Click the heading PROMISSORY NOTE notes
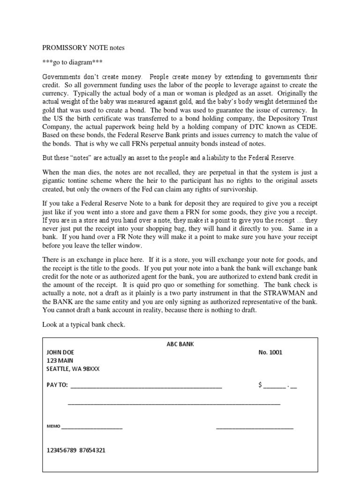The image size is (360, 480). click(83, 48)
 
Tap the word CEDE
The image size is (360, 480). click(307, 127)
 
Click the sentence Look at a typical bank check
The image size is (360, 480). click(84, 325)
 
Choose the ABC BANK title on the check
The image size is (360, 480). click(180, 344)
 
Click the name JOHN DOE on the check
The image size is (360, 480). click(60, 352)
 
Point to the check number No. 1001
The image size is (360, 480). click(270, 352)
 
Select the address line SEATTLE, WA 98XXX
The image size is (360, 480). click(73, 369)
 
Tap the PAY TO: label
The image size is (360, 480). click(57, 385)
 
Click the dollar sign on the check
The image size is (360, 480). click(260, 385)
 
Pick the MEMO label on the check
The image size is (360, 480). click(53, 427)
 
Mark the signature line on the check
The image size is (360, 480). click(255, 427)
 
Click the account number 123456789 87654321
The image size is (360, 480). click(76, 450)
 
